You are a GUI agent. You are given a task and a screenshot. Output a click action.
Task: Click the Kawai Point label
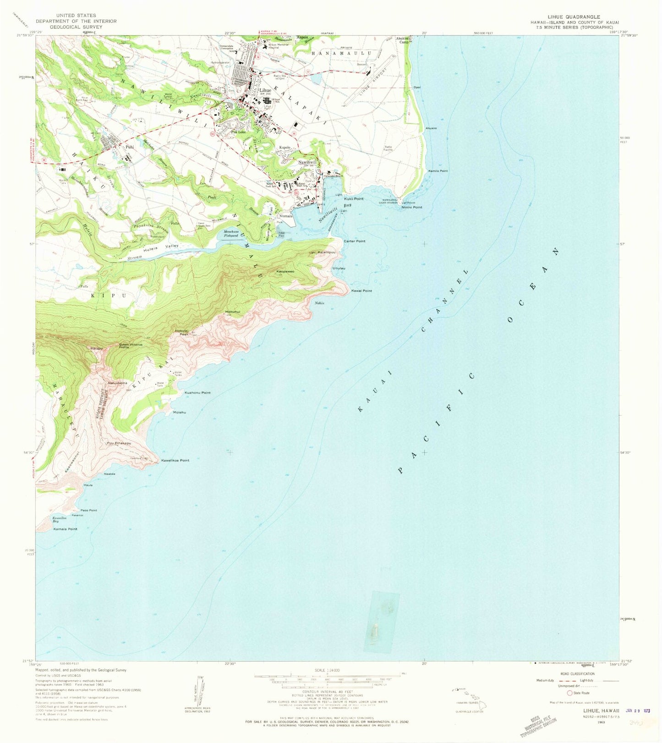click(361, 291)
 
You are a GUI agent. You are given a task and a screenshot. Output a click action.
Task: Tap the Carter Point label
click(355, 241)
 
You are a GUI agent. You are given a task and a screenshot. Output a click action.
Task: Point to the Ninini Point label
click(411, 207)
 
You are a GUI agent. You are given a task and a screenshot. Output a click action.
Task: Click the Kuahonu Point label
click(197, 393)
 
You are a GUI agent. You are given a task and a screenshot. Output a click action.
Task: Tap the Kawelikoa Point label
click(175, 460)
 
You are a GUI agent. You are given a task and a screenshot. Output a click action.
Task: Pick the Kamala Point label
click(65, 529)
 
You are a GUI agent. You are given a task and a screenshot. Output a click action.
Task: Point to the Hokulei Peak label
click(181, 332)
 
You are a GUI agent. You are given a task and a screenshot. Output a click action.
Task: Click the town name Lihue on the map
click(265, 90)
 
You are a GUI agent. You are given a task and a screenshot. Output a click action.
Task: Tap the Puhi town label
click(129, 147)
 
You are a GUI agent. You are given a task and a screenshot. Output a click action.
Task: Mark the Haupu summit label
click(96, 349)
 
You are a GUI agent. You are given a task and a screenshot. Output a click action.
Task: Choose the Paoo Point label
click(88, 510)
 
